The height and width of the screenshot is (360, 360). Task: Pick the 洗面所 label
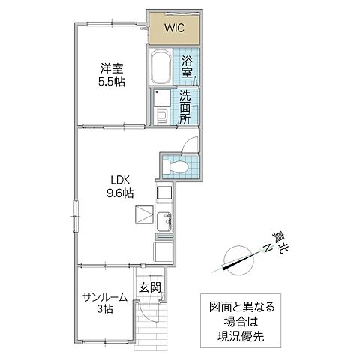click(185, 106)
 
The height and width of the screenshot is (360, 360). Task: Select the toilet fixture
click(177, 167)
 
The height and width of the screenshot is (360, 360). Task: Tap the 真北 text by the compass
click(279, 241)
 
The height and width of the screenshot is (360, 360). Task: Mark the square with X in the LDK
click(143, 214)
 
